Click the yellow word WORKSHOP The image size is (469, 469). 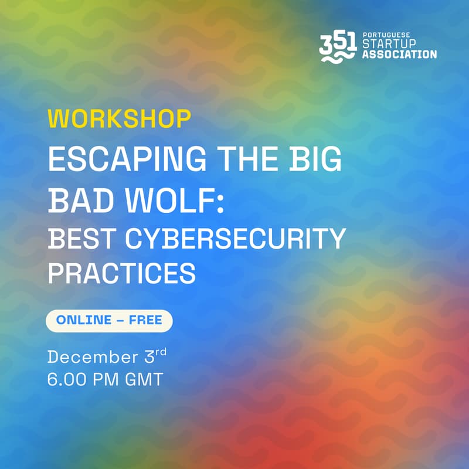coord(120,118)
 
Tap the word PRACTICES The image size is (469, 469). coord(121,273)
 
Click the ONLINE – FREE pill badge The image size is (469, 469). coord(109,321)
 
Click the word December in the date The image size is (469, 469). coord(91,356)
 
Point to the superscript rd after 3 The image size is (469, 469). coord(161,352)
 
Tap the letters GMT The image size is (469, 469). coord(144,379)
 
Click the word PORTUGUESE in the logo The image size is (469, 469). coord(386,35)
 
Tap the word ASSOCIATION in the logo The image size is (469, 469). coord(399,55)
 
